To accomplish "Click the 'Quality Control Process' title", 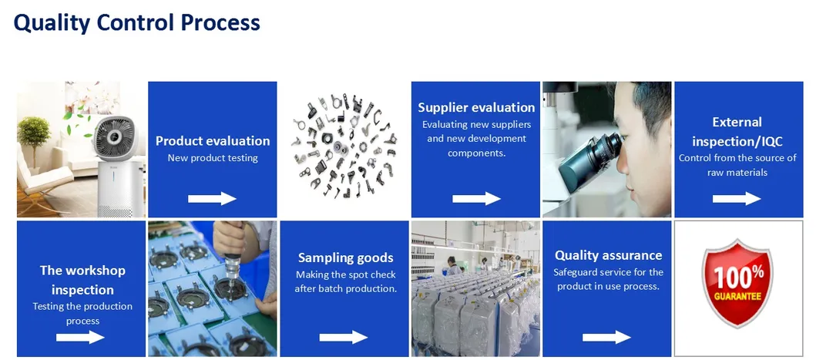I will [136, 23].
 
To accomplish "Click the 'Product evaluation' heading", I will [213, 141].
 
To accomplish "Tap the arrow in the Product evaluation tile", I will [212, 199].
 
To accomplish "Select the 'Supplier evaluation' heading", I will [476, 107].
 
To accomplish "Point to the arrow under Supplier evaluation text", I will [476, 199].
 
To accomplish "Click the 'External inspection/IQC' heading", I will [737, 132].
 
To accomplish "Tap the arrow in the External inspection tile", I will [737, 199].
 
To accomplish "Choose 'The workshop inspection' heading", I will [82, 280].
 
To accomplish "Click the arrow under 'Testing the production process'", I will [80, 337].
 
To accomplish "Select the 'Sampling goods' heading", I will [345, 258].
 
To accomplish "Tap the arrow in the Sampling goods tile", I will [344, 337].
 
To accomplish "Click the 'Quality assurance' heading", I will [608, 255].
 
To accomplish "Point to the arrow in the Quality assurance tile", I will [606, 337].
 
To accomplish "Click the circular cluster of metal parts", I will [344, 149].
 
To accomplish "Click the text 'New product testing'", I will [213, 158].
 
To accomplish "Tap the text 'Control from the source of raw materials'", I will [737, 165].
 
